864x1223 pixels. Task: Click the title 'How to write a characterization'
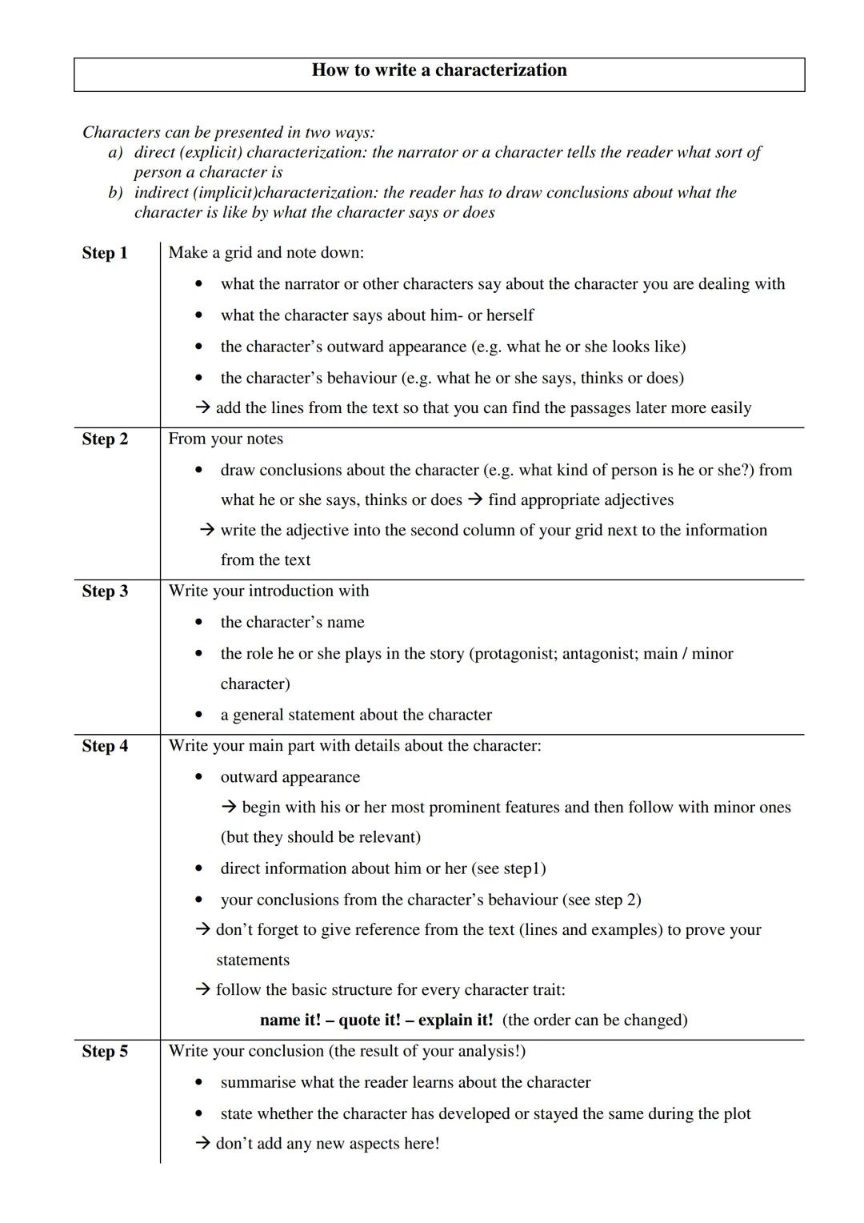[x=438, y=70]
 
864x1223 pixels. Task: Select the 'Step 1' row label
[x=105, y=253]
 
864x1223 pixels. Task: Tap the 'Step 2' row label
[x=105, y=439]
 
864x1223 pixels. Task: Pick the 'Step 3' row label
[x=105, y=591]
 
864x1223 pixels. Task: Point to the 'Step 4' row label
[x=105, y=746]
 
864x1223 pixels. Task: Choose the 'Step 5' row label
[x=105, y=1051]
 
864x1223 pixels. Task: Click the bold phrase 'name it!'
[x=290, y=1020]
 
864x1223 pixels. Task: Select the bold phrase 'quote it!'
[x=370, y=1020]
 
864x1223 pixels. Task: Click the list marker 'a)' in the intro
[x=115, y=152]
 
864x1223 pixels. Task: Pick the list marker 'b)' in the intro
[x=115, y=192]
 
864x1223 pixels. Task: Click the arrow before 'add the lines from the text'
[x=203, y=408]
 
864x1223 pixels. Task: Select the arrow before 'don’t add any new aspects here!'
[x=203, y=1144]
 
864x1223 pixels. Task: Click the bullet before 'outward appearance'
[x=198, y=777]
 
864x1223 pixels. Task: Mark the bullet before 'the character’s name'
[x=198, y=623]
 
